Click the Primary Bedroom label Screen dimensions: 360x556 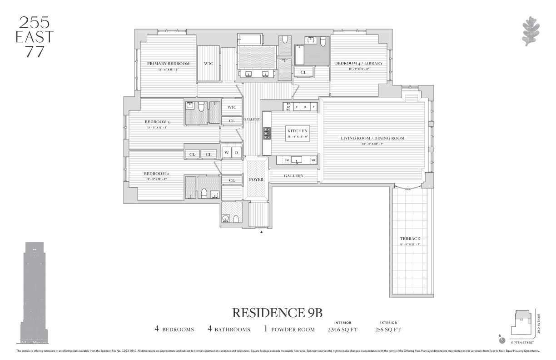coord(168,64)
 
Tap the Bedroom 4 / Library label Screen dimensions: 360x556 coord(359,63)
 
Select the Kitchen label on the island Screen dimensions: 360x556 coord(298,131)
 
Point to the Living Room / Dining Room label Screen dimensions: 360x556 coord(372,138)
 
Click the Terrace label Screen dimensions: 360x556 coord(410,239)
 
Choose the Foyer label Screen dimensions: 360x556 coord(256,180)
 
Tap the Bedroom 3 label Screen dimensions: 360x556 coord(157,122)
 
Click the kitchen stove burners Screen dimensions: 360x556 coord(267,133)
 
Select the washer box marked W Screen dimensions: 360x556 coord(226,153)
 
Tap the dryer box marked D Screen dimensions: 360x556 coord(236,153)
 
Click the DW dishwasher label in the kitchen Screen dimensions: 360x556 coord(286,160)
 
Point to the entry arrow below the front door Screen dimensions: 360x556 coord(261,232)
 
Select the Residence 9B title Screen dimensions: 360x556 coord(277,313)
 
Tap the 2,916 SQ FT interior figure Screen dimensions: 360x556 coord(343,330)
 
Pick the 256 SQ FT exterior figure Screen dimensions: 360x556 coord(388,330)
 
